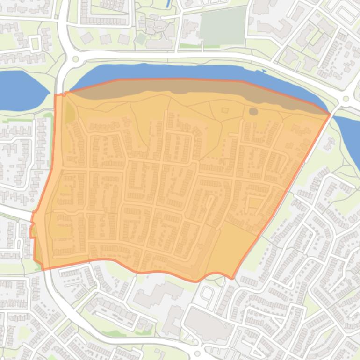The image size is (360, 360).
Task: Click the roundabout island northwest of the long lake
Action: click(75, 59)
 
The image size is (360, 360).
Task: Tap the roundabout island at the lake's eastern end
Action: click(346, 99)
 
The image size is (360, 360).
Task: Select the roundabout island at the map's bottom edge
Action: click(197, 353)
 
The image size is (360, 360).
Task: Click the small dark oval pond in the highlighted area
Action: click(253, 111)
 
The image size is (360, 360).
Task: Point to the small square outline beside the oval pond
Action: click(225, 110)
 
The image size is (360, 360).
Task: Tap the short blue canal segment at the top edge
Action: click(168, 4)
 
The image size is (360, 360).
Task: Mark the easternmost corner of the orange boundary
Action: click(330, 114)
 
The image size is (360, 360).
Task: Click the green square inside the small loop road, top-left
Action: click(36, 43)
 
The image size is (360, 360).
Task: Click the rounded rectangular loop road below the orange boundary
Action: click(206, 294)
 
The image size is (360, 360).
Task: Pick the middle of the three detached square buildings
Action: click(105, 39)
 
